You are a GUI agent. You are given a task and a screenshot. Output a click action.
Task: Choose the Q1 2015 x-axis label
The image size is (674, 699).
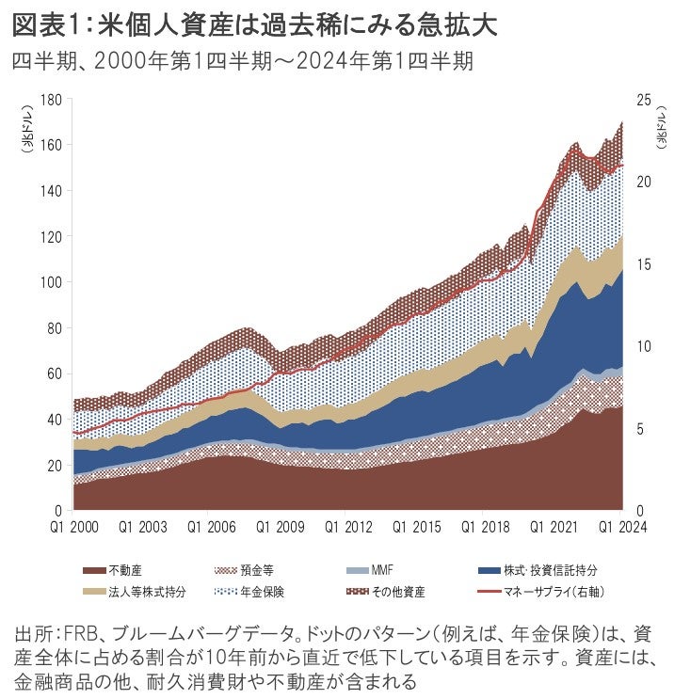(414, 527)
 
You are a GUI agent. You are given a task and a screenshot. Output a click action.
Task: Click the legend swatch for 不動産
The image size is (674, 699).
(94, 569)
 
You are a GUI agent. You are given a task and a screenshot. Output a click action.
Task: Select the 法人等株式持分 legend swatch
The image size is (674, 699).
(94, 592)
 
